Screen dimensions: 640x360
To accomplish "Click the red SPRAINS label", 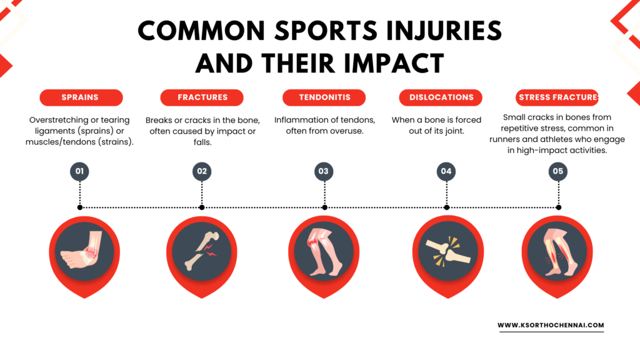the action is point(81,97).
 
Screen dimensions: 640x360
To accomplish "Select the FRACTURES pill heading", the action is point(202,97).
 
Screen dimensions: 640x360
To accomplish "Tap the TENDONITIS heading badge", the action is point(324,97).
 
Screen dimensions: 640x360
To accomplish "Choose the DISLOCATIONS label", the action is point(441,97).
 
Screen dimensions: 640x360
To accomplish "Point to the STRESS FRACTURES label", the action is point(557,97).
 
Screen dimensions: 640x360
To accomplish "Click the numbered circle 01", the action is point(79,171).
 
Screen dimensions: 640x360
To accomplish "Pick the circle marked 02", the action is point(202,171).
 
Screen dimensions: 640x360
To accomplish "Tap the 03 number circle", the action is point(324,171).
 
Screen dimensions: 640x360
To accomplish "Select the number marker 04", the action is point(446,171).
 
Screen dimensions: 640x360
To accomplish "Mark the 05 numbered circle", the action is point(558,171).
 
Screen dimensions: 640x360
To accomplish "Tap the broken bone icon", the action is point(202,251).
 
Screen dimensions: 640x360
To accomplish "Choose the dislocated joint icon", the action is point(447,251).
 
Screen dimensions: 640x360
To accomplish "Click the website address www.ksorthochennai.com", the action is point(551,325).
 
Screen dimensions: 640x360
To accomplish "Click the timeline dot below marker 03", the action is point(324,207).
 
